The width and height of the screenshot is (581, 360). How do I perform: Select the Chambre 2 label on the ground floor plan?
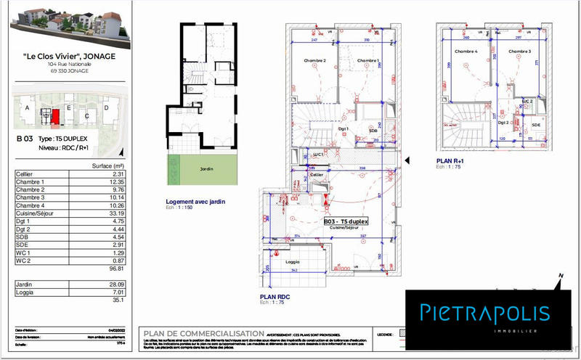(x=314, y=60)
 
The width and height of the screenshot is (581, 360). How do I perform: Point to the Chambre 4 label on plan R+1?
(x=466, y=52)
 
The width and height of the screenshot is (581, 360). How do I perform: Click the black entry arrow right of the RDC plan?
(x=407, y=160)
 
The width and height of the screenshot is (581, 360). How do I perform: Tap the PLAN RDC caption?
(x=275, y=297)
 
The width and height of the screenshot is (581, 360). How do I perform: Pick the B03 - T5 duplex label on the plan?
(x=345, y=221)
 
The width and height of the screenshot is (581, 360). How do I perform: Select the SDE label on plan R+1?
(x=536, y=125)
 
